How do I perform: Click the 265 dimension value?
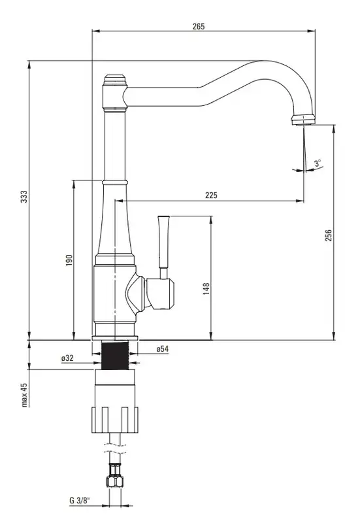199,26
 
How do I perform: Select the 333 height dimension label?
23,197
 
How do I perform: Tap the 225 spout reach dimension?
211,195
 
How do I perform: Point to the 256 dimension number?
329,235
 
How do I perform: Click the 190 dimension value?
69,260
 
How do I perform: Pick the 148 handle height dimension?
206,288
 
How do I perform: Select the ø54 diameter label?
162,349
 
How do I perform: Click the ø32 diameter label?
67,358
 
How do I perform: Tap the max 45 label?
24,395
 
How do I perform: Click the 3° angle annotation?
318,163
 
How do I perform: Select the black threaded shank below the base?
115,356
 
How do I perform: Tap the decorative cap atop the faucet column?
115,80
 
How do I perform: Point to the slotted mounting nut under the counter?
115,420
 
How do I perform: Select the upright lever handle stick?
164,247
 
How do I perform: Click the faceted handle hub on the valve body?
159,293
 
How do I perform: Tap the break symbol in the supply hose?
115,448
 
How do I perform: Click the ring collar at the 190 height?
115,182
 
